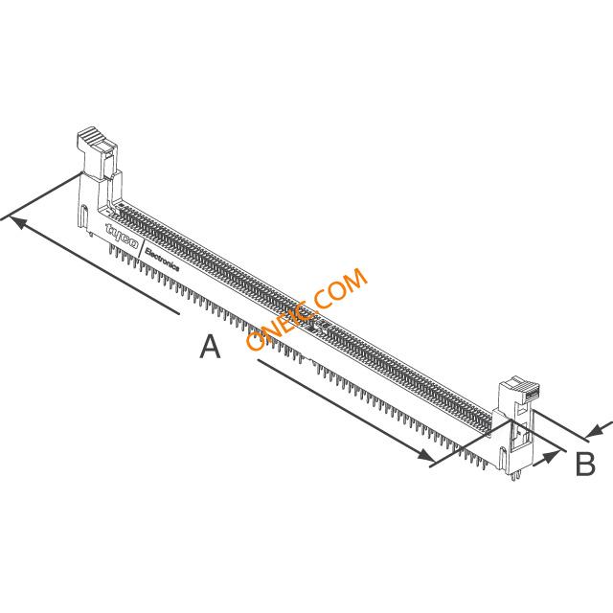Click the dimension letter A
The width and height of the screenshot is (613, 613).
(210, 347)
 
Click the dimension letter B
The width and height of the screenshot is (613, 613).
(585, 464)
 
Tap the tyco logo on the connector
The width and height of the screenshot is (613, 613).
(122, 237)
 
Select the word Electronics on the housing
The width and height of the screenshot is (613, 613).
(162, 260)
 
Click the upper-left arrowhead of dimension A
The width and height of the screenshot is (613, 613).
(18, 223)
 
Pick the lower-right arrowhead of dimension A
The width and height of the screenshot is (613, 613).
(425, 455)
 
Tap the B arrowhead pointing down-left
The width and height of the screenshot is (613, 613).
(596, 430)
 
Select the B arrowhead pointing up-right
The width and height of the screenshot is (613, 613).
(550, 456)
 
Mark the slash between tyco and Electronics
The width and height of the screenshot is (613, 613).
(141, 247)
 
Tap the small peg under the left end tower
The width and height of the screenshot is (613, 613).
(91, 234)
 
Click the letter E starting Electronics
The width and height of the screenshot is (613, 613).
(148, 251)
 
